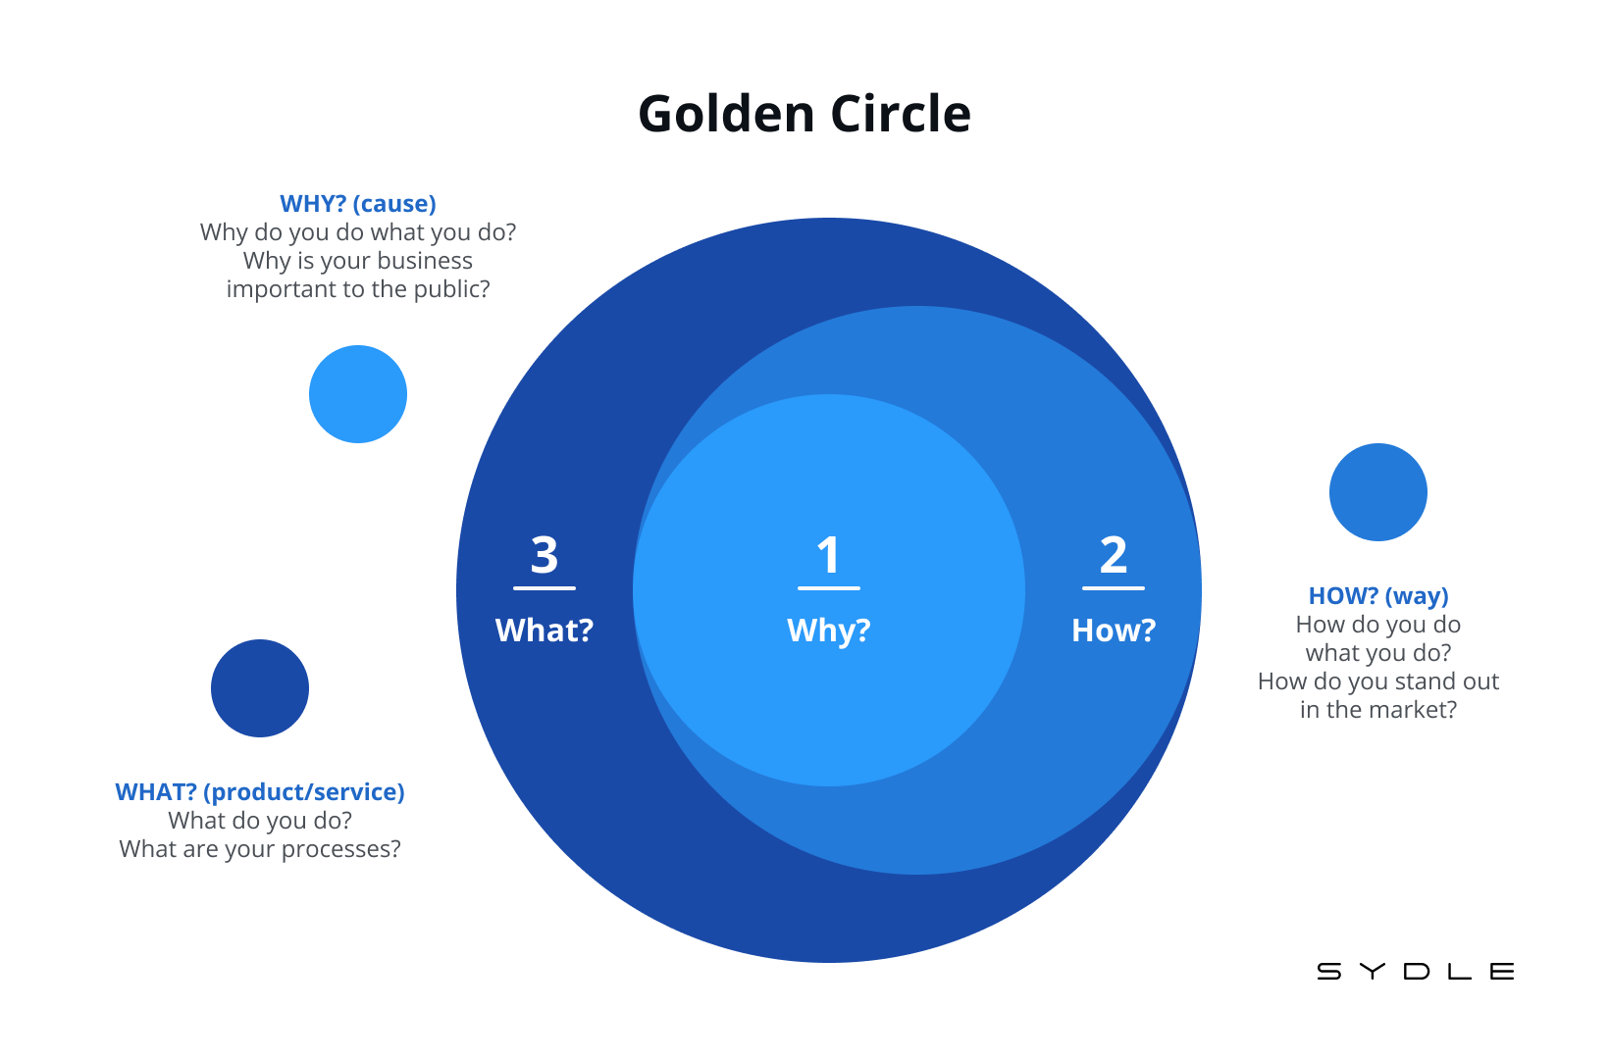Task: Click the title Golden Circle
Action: (x=804, y=114)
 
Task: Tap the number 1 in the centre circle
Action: (x=829, y=555)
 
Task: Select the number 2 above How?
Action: (x=1114, y=555)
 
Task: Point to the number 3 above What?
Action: (x=545, y=555)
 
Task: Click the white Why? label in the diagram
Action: (x=829, y=630)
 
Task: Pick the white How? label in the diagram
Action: (x=1114, y=630)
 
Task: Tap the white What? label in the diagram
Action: (x=545, y=630)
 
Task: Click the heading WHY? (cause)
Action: (x=358, y=204)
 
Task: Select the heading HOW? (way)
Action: (x=1378, y=596)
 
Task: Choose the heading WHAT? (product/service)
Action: (x=260, y=792)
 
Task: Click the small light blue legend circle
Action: (x=358, y=394)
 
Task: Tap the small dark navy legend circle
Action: (x=260, y=688)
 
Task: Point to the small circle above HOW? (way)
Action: (x=1378, y=492)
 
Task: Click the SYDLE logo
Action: (x=1416, y=972)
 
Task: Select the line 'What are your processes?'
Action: (x=260, y=849)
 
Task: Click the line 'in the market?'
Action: (x=1378, y=710)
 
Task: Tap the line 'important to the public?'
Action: (x=358, y=289)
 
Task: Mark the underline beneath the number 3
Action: (x=545, y=588)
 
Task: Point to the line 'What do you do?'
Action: (x=260, y=821)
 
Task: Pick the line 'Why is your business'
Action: (x=358, y=261)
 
